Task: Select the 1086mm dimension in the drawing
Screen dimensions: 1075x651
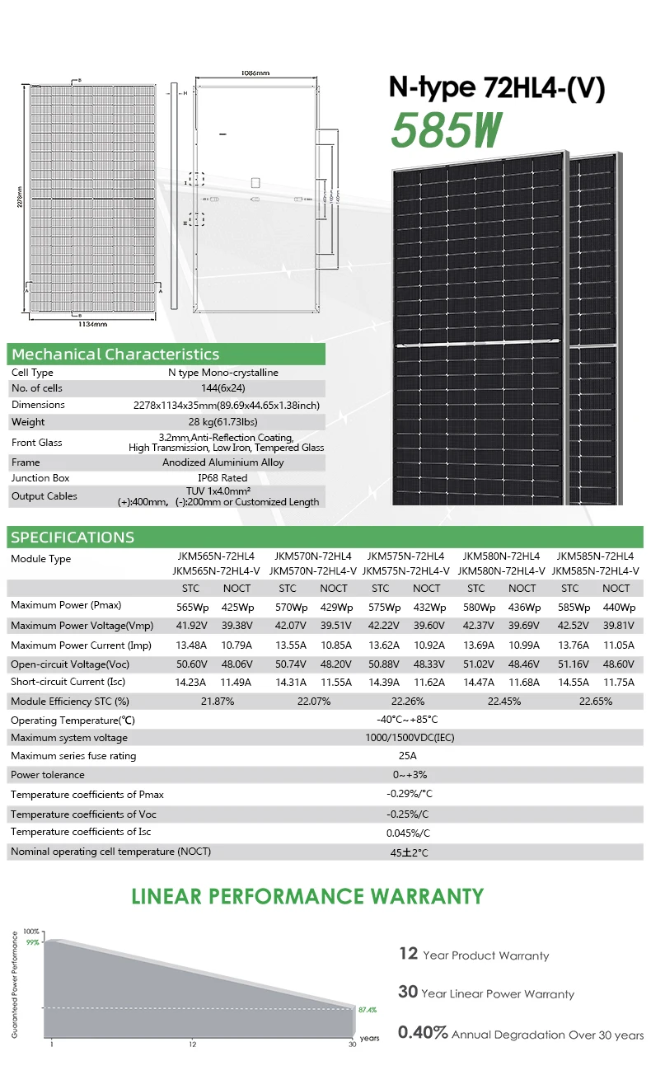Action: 255,73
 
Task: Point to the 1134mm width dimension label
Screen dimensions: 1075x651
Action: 92,324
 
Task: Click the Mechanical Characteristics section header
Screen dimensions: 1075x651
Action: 115,354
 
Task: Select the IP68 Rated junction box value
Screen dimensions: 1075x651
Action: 222,478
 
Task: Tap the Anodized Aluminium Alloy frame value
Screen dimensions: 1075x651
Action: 222,462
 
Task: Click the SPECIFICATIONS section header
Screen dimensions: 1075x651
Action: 72,537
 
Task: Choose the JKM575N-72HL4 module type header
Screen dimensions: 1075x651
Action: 405,557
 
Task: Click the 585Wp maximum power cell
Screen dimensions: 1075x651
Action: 569,606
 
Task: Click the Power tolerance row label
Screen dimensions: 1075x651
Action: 48,775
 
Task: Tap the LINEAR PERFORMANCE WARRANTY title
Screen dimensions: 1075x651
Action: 308,896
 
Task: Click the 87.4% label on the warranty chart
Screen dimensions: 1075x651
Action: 368,1009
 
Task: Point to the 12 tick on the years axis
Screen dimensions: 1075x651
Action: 192,1044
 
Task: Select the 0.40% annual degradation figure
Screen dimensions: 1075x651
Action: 423,1033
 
